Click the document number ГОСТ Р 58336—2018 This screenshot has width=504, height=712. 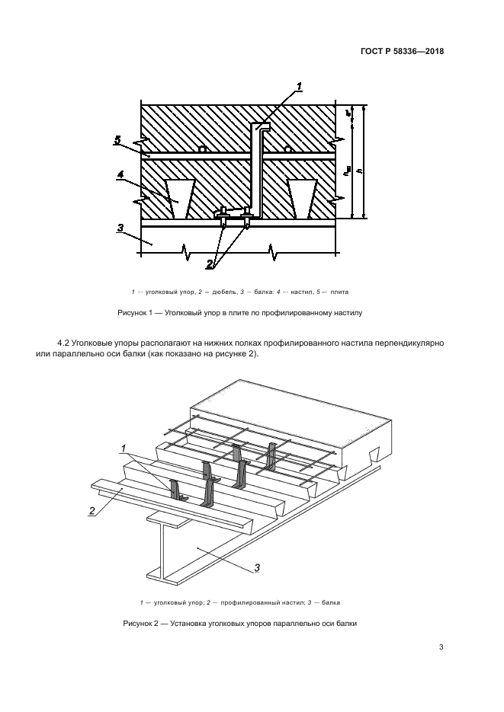pos(402,52)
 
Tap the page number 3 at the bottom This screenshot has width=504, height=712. pos(441,648)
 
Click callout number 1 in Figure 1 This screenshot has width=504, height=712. pos(300,86)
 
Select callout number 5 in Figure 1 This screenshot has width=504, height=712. pos(117,139)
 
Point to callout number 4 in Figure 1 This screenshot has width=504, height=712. pos(120,175)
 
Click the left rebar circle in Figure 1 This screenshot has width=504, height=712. pos(201,150)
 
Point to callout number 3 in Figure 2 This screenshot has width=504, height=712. pos(257,567)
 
